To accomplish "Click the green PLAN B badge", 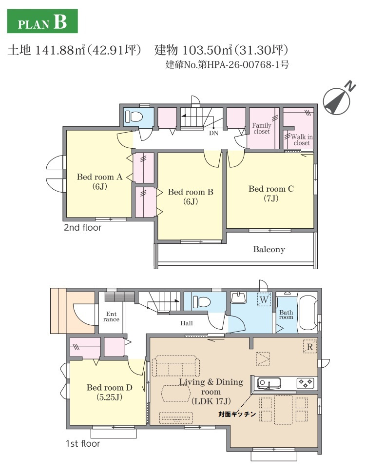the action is pos(42,21).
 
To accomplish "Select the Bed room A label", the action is pos(99,181).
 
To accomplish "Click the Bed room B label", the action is pos(191,197).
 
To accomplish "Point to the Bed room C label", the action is pos(271,193).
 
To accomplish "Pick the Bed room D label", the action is pos(109,392).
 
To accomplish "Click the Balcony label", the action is pos(269,250).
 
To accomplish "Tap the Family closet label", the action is pos(262,128).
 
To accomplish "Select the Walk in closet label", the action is pos(302,139).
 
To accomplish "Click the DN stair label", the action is pos(213,133).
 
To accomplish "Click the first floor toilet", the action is pos(202,302).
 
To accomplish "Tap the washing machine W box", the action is pos(264,299).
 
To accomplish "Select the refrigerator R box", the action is pos(310,347).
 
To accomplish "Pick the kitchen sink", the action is pos(269,384).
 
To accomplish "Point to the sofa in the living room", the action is pos(175,367).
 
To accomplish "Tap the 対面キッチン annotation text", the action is pos(237,414).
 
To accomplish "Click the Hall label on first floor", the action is pos(187,323).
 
